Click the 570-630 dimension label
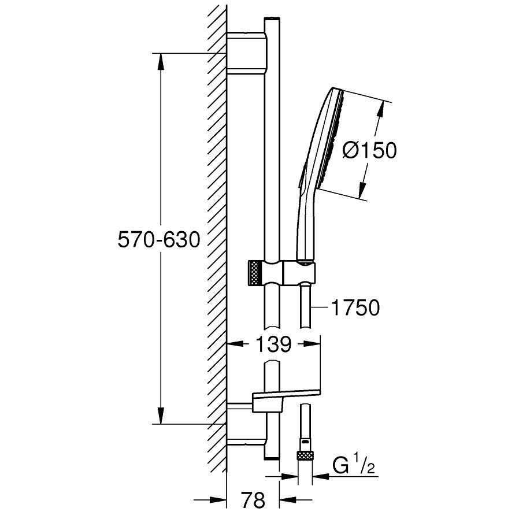(159, 240)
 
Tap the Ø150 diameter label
(369, 151)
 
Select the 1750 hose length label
(355, 308)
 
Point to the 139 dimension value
(274, 344)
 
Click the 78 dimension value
(253, 500)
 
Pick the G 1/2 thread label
(354, 467)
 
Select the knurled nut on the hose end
(305, 455)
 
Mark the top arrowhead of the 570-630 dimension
(161, 62)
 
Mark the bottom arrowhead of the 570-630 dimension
(161, 415)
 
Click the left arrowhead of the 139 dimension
(236, 344)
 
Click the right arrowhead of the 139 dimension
(312, 344)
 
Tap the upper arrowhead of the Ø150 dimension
(381, 109)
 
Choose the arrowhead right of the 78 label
(288, 500)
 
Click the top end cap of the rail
(272, 19)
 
